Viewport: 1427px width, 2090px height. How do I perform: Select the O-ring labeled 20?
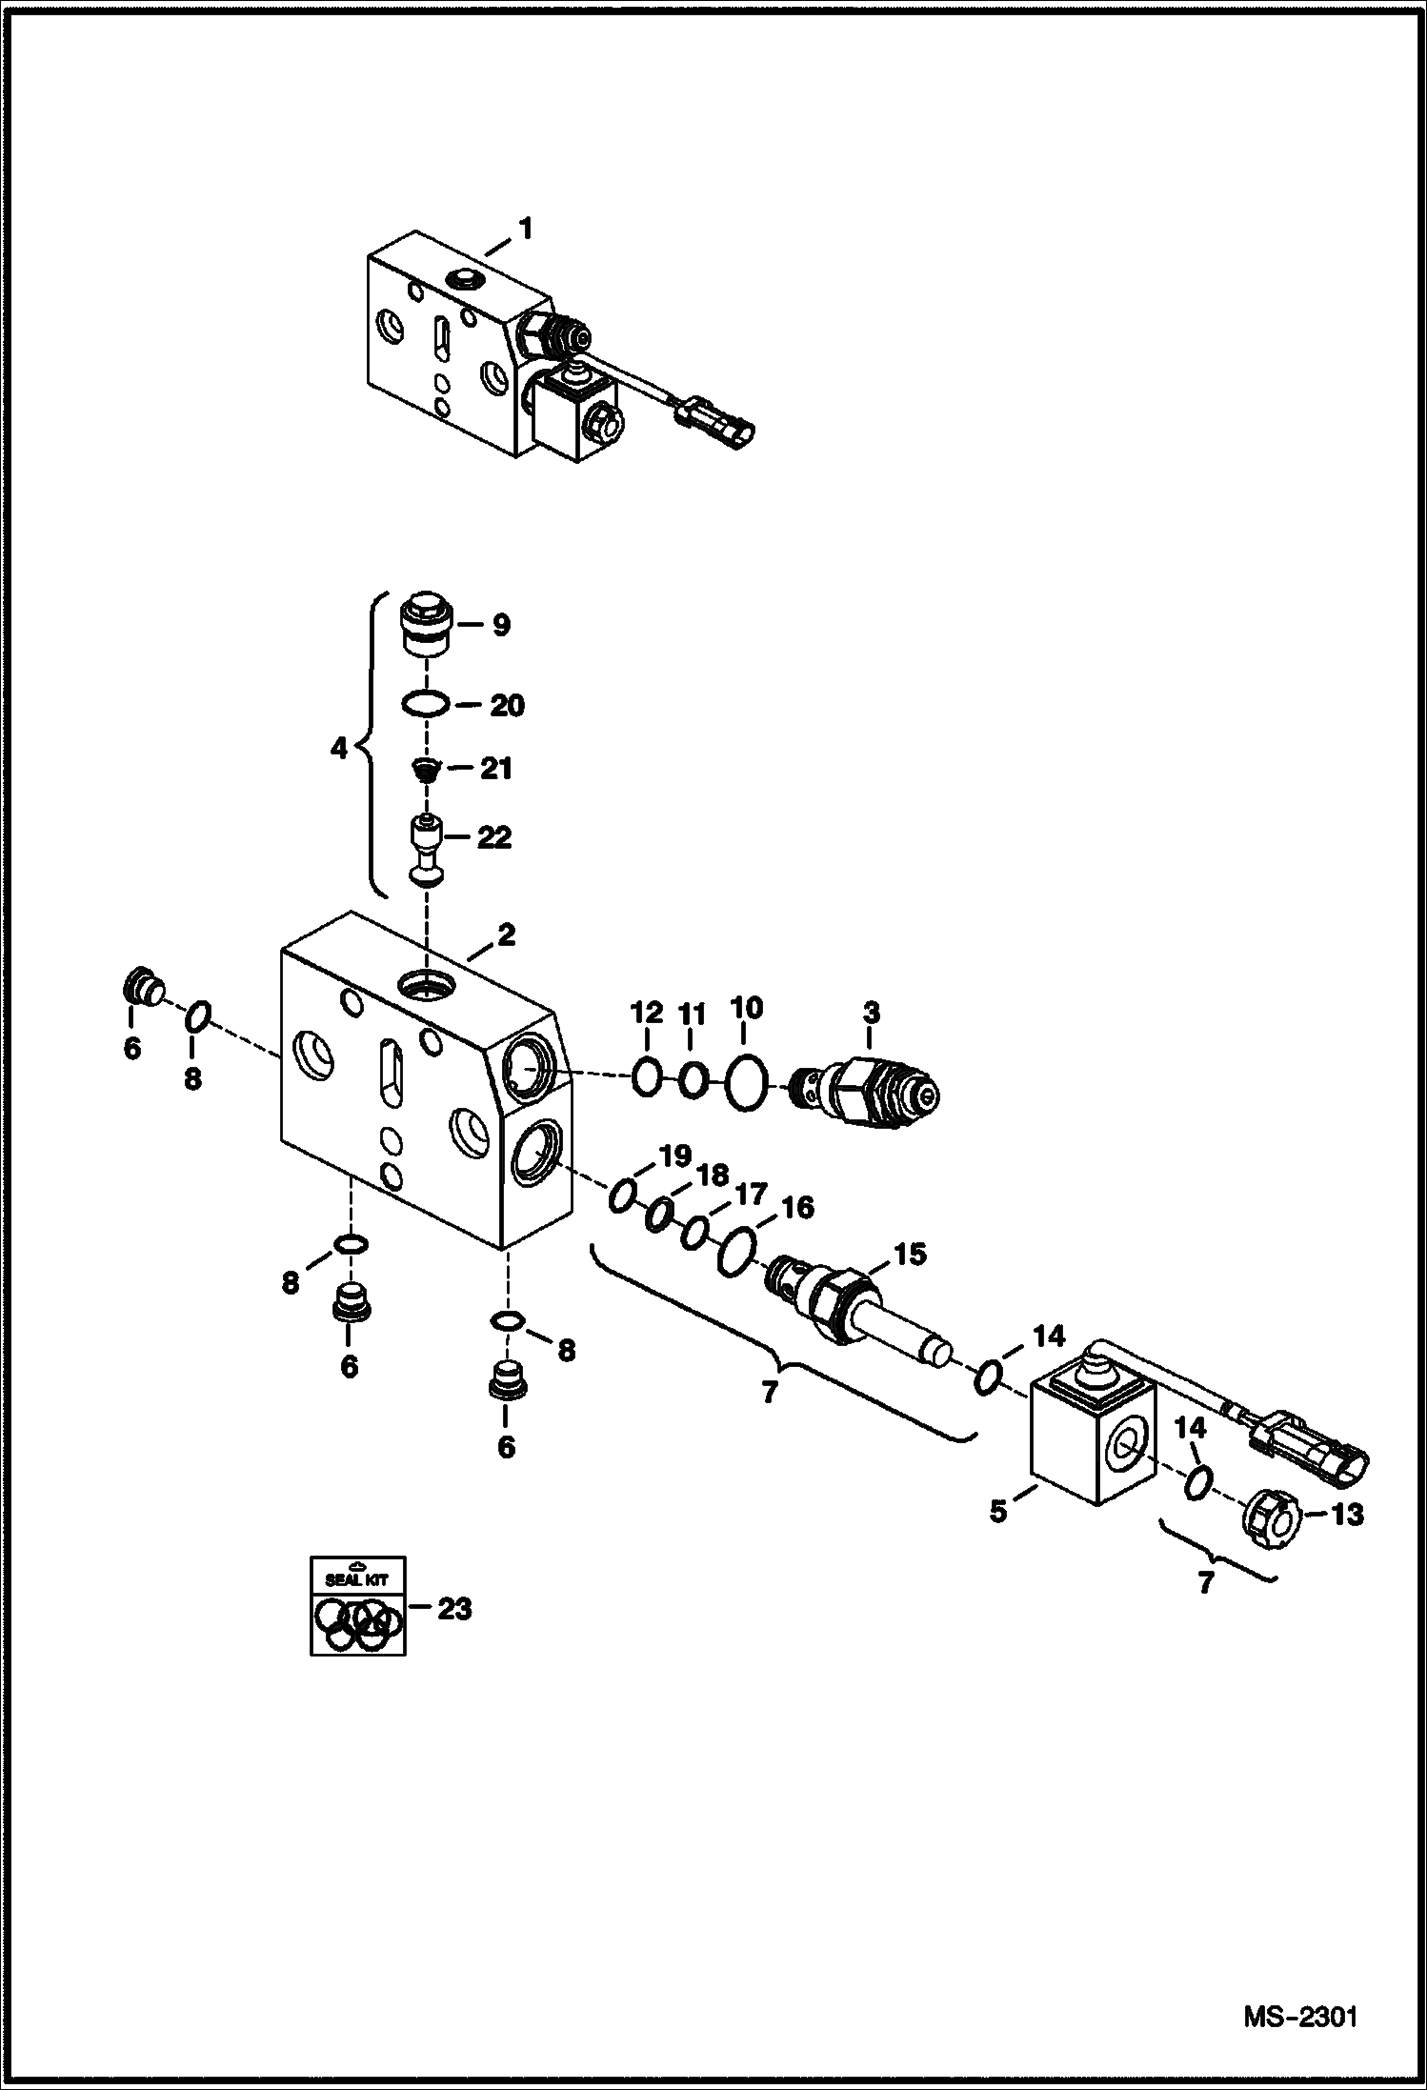(423, 705)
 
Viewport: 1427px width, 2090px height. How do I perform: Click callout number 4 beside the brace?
(339, 749)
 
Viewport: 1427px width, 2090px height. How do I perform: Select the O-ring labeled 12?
(646, 1076)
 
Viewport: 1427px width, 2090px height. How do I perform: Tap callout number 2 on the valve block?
(506, 935)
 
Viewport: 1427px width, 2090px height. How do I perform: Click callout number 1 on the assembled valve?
(525, 230)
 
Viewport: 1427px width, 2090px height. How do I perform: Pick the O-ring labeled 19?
(621, 1195)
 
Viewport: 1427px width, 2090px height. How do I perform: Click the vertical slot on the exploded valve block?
(390, 1075)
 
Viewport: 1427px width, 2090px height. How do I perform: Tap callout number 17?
(749, 1193)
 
